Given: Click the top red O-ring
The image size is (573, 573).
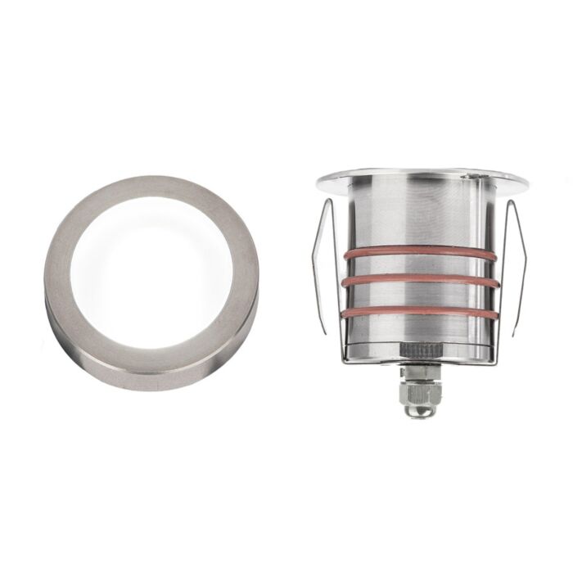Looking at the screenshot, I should coord(417,253).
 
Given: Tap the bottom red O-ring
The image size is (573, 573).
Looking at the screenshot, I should coord(417,312).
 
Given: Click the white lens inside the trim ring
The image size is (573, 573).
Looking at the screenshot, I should coord(151,270).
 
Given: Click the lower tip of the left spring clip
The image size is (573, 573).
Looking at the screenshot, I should coord(326,332).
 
